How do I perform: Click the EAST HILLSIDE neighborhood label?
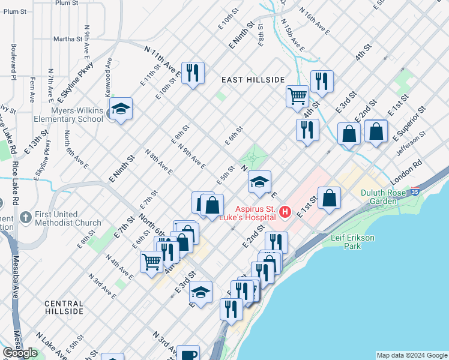(252, 80)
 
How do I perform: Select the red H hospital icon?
(285, 212)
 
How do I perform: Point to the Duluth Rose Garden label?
(388, 197)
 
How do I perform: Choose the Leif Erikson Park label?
(353, 242)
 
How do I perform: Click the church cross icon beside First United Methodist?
(25, 216)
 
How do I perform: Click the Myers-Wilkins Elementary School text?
(68, 115)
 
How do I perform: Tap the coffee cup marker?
(188, 354)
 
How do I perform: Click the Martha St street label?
(68, 39)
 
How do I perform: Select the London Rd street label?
(411, 172)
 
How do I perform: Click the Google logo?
(20, 353)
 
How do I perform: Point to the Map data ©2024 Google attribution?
(412, 355)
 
